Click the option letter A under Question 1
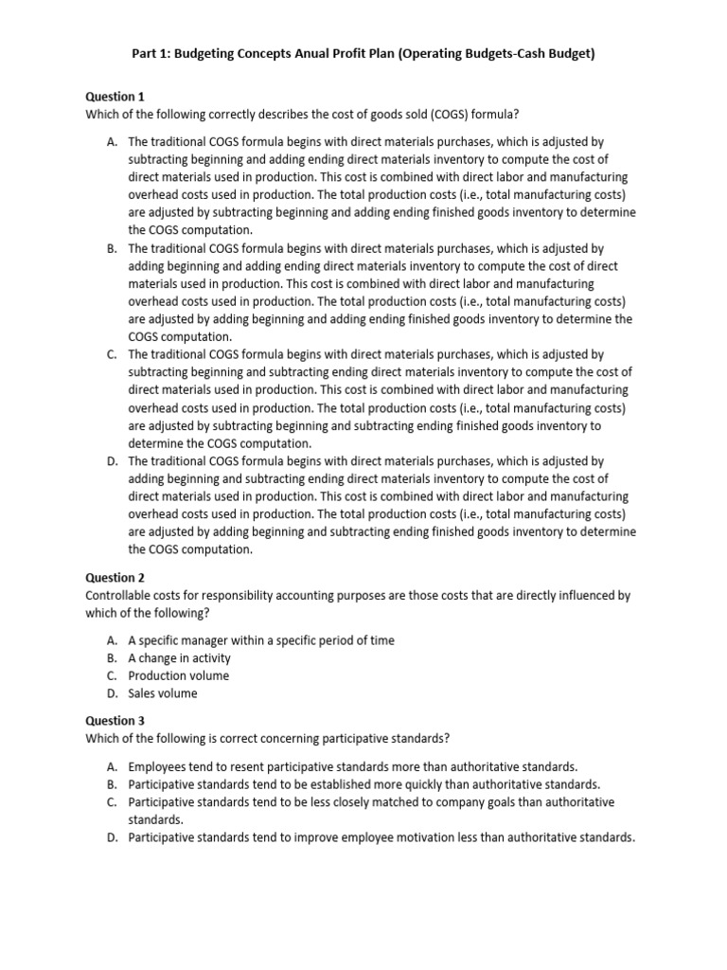click(113, 141)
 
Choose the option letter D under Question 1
click(113, 461)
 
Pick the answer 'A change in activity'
click(179, 658)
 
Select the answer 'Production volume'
click(179, 676)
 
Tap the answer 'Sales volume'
click(163, 693)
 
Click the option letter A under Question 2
click(113, 640)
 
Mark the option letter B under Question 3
click(113, 784)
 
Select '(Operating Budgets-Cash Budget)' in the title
click(488, 54)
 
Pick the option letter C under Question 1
click(113, 354)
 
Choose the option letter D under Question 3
click(113, 837)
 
